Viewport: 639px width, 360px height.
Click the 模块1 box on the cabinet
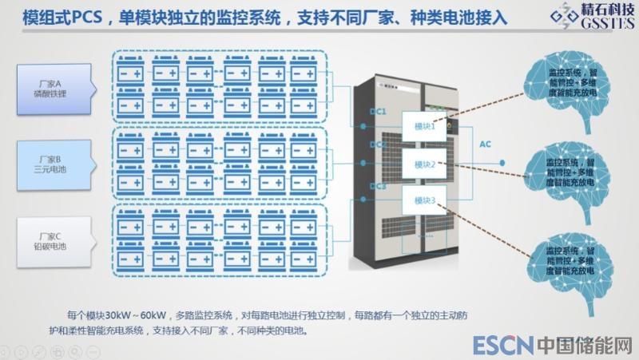coord(424,126)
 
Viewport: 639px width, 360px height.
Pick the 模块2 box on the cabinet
coord(424,164)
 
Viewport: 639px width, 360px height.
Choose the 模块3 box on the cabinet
coord(424,202)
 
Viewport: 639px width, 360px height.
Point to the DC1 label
coord(379,113)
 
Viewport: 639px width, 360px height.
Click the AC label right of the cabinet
coord(485,145)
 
